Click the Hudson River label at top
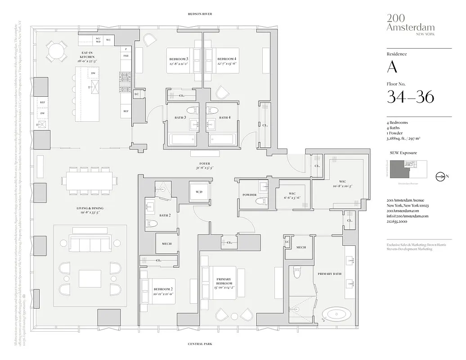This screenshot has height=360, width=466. pos(200,14)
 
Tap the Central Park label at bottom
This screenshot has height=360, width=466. pos(200,344)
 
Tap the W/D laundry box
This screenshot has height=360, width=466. pos(199,192)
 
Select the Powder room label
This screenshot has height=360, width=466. pos(249,195)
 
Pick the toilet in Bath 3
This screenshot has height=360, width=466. pos(193,110)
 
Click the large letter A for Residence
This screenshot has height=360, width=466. pos(392,67)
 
